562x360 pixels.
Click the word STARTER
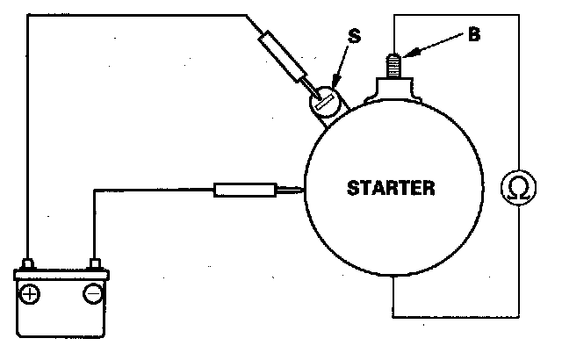pyautogui.click(x=391, y=187)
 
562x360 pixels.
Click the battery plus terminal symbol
pyautogui.click(x=32, y=293)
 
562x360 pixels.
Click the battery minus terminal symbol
pyautogui.click(x=93, y=293)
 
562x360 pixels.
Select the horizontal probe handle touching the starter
pyautogui.click(x=243, y=188)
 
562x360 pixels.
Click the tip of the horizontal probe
pyautogui.click(x=302, y=188)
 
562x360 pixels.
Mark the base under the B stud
pyautogui.click(x=393, y=89)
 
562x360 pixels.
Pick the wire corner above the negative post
pyautogui.click(x=93, y=188)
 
